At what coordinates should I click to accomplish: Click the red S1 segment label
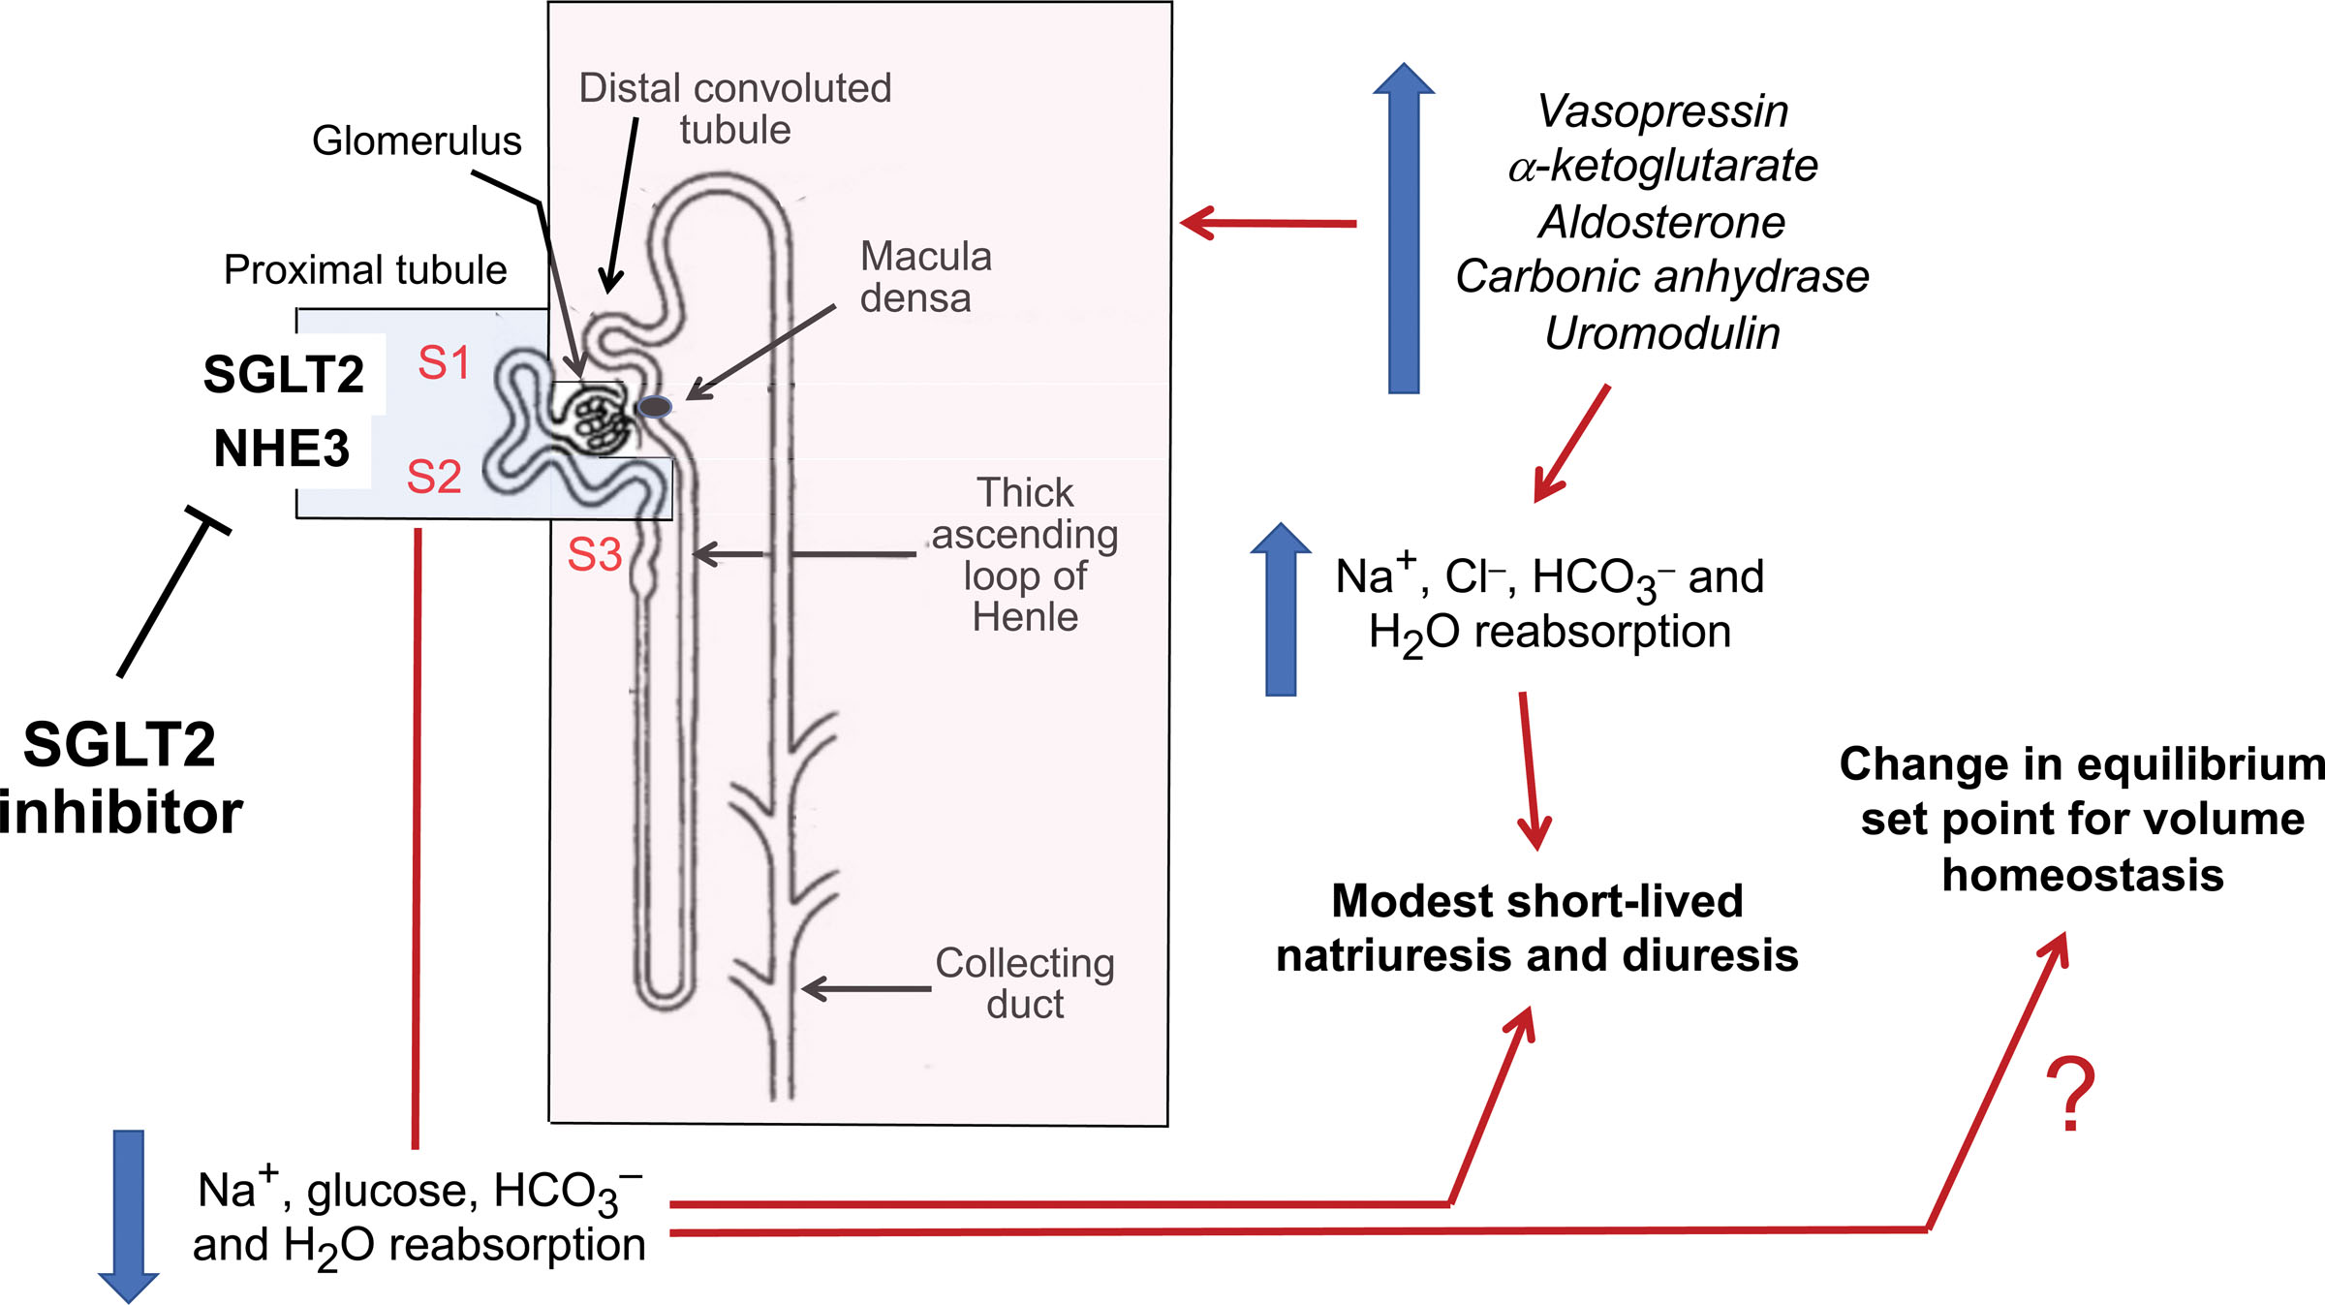tap(444, 363)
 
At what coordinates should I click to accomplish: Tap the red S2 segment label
tap(433, 477)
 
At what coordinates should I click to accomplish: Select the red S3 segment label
tap(594, 555)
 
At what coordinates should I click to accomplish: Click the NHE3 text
tap(281, 449)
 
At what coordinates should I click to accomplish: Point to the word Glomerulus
tap(417, 141)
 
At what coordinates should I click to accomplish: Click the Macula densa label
tap(924, 277)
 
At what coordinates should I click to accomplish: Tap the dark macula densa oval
tap(656, 407)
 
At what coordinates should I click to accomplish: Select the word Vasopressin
tap(1662, 111)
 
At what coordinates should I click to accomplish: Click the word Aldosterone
tap(1662, 223)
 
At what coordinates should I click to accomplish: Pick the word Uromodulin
tap(1662, 333)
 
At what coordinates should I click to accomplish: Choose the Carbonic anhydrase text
tap(1662, 277)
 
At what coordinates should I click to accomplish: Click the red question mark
tap(2070, 1095)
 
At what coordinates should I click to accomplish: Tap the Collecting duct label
tap(1024, 983)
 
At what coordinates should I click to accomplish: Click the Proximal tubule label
tap(365, 270)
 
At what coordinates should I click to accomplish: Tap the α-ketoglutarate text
tap(1662, 167)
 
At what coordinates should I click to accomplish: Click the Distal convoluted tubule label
tap(734, 109)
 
